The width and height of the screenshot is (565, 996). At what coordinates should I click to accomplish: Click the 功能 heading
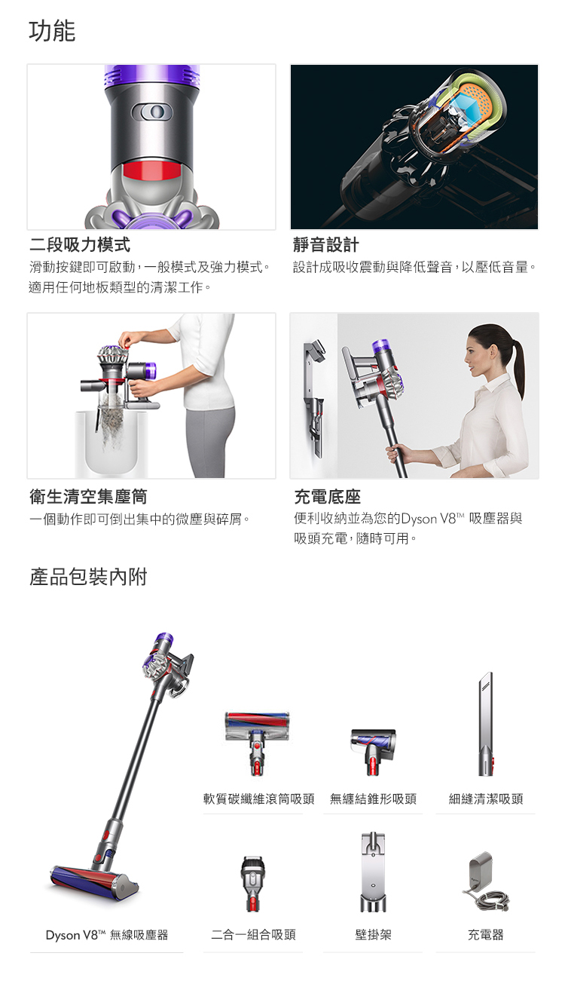(x=52, y=32)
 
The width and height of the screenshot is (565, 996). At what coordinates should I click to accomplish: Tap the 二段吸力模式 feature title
(x=80, y=245)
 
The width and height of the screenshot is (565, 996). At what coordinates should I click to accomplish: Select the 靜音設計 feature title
(x=326, y=245)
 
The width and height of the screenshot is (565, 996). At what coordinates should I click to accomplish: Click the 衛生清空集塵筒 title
(x=88, y=497)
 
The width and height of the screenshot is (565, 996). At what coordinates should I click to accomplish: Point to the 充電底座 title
(x=328, y=497)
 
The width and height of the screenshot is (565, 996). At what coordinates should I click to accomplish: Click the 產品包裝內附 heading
(x=88, y=578)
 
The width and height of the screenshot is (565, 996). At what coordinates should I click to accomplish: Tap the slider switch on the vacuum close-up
(x=151, y=112)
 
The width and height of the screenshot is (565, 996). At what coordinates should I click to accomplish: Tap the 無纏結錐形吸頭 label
(x=373, y=799)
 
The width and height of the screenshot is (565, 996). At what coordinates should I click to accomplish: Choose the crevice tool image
(x=485, y=724)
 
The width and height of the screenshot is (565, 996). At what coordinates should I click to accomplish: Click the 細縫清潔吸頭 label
(x=486, y=799)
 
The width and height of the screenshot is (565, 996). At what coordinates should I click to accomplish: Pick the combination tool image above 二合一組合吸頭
(x=252, y=884)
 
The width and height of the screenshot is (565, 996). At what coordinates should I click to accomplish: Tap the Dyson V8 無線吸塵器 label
(x=106, y=935)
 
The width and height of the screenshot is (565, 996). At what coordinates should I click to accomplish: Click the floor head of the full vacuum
(x=94, y=879)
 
